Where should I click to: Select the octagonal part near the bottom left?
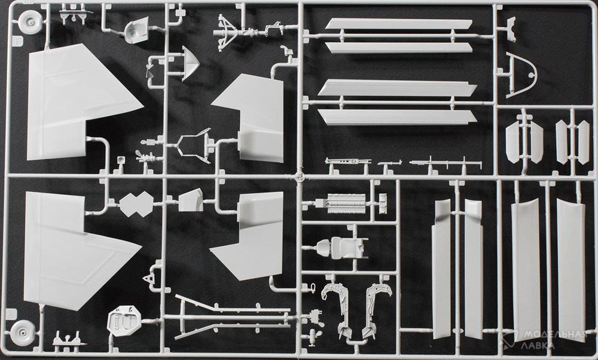pyautogui.click(x=124, y=321)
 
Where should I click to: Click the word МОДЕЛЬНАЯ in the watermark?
pyautogui.click(x=554, y=334)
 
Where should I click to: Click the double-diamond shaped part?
pyautogui.click(x=136, y=204)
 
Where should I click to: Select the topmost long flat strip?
pyautogui.click(x=398, y=24)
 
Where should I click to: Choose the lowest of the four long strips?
pyautogui.click(x=397, y=117)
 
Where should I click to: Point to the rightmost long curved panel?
pyautogui.click(x=571, y=269)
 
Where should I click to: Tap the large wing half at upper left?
pyautogui.click(x=77, y=103)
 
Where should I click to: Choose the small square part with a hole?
pyautogui.click(x=121, y=160)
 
